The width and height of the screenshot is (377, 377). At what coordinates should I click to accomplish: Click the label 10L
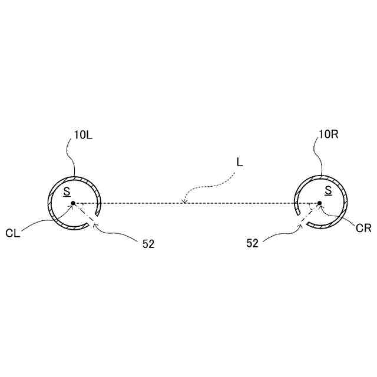point(83,135)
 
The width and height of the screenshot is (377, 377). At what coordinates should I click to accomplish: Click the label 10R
point(328,135)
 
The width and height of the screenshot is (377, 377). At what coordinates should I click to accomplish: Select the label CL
point(13,233)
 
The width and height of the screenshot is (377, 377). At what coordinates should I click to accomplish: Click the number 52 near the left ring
point(148,244)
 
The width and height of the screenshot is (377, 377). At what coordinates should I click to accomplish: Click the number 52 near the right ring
point(253,244)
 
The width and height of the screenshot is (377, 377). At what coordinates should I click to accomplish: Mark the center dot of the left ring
point(72,204)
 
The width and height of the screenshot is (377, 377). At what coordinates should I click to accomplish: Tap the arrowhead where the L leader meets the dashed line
point(185,203)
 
